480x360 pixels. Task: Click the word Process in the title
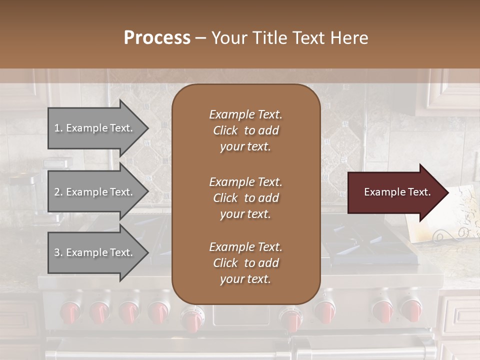click(x=157, y=38)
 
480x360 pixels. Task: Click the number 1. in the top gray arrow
click(x=58, y=128)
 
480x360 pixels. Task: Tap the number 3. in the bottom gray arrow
click(x=58, y=252)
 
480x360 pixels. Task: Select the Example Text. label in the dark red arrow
click(x=397, y=192)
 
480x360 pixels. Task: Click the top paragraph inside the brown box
click(x=245, y=130)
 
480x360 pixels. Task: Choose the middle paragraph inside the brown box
click(x=245, y=198)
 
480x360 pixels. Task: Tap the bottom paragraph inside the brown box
click(x=245, y=263)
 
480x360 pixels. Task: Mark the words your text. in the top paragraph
click(x=245, y=147)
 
